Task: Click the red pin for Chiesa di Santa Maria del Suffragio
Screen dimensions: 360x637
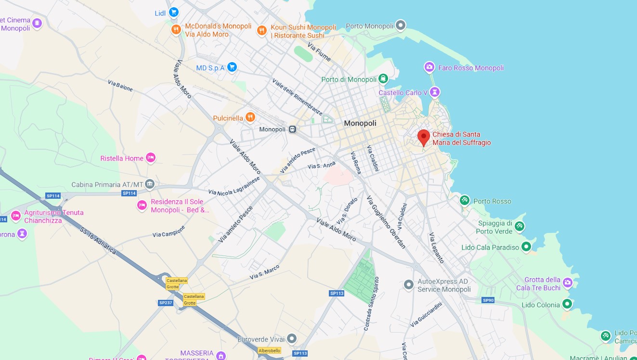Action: [423, 137]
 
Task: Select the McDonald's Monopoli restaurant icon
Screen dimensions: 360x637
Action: [176, 30]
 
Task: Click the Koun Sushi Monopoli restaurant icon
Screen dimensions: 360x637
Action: [261, 30]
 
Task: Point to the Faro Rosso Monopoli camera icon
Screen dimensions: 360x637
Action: [429, 67]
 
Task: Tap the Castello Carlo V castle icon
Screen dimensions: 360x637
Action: [435, 92]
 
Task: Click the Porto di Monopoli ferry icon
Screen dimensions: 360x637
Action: [383, 79]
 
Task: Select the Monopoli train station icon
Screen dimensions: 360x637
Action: [292, 129]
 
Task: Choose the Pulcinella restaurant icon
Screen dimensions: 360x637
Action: [250, 117]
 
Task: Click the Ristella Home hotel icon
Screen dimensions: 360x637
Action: [151, 158]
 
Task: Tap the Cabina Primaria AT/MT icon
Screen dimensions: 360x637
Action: [150, 184]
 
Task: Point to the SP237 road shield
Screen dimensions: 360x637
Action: [165, 303]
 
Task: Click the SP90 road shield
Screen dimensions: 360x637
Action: [488, 300]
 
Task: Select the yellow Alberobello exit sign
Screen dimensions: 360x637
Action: [269, 350]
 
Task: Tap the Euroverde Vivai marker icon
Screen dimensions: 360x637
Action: [291, 339]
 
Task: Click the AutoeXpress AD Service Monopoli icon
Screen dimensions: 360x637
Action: [408, 285]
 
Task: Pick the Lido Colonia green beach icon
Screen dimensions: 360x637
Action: [567, 304]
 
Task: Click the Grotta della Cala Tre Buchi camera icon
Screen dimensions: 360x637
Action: [568, 283]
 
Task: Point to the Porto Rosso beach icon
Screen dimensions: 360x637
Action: [465, 200]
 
